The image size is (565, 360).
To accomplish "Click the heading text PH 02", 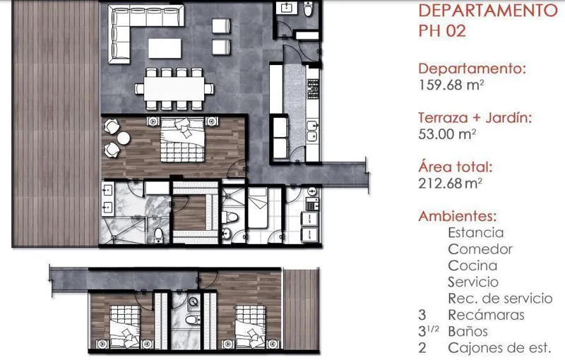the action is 442,30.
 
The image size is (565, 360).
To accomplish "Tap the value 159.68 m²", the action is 451,85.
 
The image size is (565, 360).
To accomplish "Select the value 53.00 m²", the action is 447,134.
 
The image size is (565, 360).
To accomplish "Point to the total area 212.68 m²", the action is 451,184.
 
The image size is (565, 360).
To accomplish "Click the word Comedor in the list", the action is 480,249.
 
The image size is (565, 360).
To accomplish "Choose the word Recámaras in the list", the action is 486,315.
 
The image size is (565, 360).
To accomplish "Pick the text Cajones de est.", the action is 500,348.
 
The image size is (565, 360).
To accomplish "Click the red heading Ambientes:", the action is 458,216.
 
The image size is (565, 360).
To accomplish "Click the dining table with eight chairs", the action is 174,89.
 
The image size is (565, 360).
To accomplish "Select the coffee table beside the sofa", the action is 165,48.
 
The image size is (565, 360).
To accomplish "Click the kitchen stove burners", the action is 313,89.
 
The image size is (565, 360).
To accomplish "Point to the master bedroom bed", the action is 182,140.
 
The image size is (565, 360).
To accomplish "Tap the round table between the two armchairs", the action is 124,138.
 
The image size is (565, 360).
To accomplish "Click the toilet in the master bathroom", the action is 158,234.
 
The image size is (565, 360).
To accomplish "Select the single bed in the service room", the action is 258,208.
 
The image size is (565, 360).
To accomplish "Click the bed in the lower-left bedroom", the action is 125,326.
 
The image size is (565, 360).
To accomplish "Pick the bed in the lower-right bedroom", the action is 251,326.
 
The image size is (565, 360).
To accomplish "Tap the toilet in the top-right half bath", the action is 309,8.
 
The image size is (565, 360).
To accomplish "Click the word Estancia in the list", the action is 475,232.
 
